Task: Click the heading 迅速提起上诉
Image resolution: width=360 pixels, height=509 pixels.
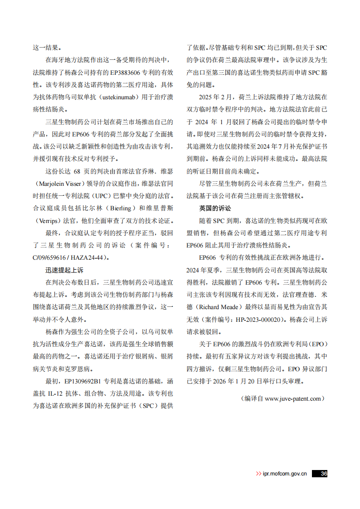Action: (64, 270)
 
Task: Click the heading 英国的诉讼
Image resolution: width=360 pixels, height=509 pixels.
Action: (215, 208)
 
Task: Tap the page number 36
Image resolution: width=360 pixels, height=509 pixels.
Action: (323, 474)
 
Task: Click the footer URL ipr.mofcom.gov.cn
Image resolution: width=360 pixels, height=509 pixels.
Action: (285, 474)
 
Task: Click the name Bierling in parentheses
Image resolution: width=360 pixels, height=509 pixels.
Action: (121, 208)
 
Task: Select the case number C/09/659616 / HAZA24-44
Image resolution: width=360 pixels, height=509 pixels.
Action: (71, 257)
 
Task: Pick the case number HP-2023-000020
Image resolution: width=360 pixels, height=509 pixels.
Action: (261, 319)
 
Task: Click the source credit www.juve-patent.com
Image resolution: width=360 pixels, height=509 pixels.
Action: (293, 398)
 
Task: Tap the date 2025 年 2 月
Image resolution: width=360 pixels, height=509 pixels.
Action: (215, 97)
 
